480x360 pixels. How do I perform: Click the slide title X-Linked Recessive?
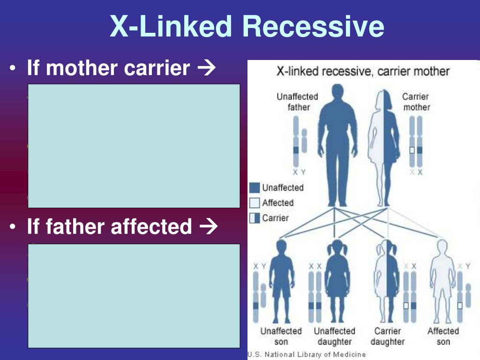pyautogui.click(x=247, y=26)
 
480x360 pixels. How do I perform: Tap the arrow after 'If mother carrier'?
pyautogui.click(x=206, y=69)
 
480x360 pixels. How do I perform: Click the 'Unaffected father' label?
pyautogui.click(x=297, y=102)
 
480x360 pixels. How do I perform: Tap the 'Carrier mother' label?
pyautogui.click(x=416, y=102)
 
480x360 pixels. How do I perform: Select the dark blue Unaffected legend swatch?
pyautogui.click(x=255, y=188)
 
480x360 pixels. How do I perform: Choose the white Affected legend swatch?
pyautogui.click(x=255, y=203)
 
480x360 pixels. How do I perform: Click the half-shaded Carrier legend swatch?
pyautogui.click(x=255, y=218)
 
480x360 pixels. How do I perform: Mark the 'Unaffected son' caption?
pyautogui.click(x=281, y=336)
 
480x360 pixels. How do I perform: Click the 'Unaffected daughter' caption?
pyautogui.click(x=335, y=336)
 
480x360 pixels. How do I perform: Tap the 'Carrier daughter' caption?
pyautogui.click(x=387, y=336)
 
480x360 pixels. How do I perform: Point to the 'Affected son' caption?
pyautogui.click(x=443, y=336)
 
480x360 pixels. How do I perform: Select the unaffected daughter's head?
pyautogui.click(x=337, y=248)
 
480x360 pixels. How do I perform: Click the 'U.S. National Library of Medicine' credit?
pyautogui.click(x=307, y=355)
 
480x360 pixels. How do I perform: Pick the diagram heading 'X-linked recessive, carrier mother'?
pyautogui.click(x=363, y=72)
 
